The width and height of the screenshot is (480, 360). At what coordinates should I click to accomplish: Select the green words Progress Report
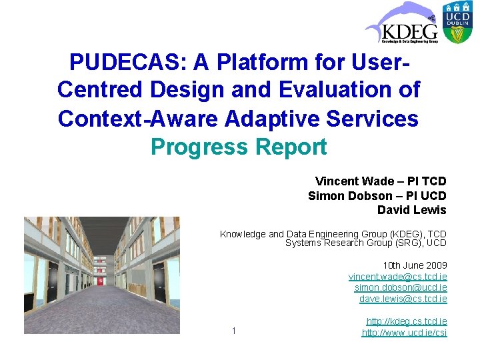(x=239, y=146)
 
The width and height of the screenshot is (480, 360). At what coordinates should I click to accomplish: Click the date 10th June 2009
(x=414, y=265)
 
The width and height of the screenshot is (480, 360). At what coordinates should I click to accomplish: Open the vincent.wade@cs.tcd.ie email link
(x=397, y=276)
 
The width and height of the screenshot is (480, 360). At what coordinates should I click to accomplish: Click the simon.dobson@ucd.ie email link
(x=400, y=287)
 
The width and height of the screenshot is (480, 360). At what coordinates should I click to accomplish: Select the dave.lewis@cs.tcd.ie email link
(x=403, y=299)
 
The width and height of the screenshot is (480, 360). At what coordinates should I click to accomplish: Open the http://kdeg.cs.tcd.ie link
(x=406, y=321)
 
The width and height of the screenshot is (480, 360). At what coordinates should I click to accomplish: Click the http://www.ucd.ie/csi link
(x=404, y=333)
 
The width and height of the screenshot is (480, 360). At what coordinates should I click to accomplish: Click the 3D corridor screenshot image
(x=101, y=275)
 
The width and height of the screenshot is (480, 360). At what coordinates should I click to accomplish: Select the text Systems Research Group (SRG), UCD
(x=365, y=243)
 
